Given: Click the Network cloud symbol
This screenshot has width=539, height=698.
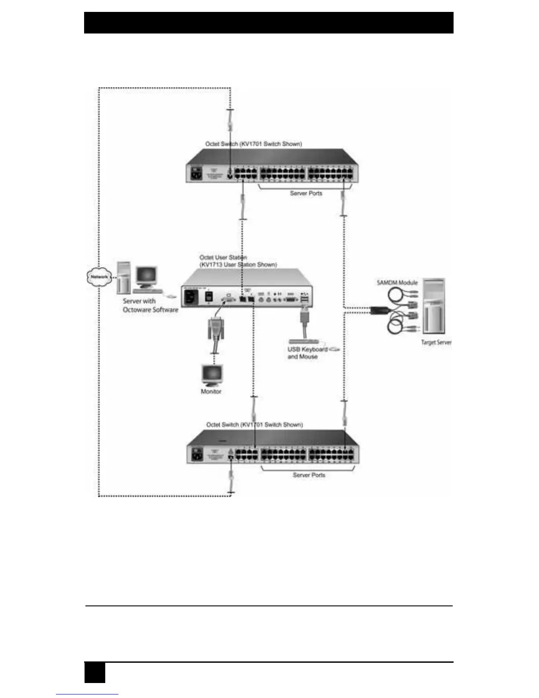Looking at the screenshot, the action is pos(99,277).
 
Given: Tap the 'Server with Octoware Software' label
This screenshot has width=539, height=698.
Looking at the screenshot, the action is pos(150,305).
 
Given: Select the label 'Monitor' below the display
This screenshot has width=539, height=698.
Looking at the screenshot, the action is pos(211,391).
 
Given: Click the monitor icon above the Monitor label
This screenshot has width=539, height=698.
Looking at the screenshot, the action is pos(212,375).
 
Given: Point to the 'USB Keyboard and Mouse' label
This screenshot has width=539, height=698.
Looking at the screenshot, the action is pos(307,353).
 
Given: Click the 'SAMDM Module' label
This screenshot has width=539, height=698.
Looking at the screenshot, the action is pos(397,282).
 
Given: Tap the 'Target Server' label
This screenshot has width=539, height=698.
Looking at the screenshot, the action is pos(436,342).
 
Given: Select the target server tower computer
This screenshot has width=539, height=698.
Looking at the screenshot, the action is pos(434,306).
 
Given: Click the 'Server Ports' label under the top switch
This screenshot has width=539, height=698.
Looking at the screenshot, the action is pos(306,193).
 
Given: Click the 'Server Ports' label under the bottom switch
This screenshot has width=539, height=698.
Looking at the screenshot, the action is pos(309,475).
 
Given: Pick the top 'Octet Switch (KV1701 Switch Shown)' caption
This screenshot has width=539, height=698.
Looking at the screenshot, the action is pos(254,144).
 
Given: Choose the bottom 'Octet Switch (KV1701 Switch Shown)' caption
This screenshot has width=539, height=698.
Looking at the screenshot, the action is pos(255,425).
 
